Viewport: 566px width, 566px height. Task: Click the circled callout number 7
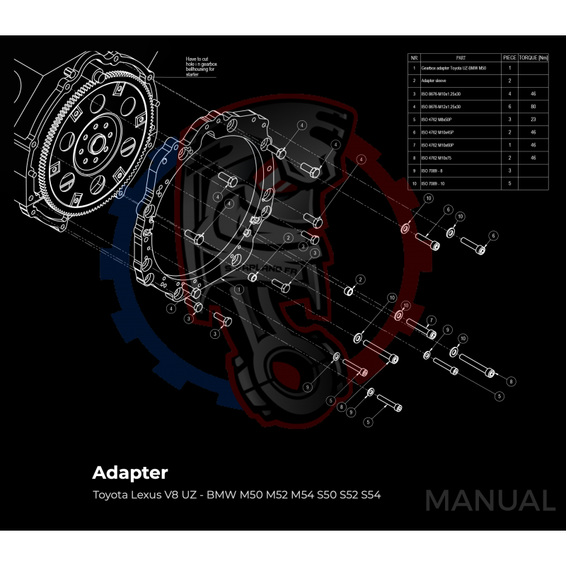(431, 319)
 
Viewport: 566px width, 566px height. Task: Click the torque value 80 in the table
(533, 107)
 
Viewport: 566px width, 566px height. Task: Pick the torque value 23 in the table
(533, 120)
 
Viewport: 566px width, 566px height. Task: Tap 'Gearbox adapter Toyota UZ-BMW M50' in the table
(454, 69)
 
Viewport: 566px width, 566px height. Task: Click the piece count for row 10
(509, 183)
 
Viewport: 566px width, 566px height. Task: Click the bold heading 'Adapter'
(130, 472)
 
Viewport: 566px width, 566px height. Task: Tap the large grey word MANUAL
(490, 500)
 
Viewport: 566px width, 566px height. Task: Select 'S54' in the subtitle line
(371, 495)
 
